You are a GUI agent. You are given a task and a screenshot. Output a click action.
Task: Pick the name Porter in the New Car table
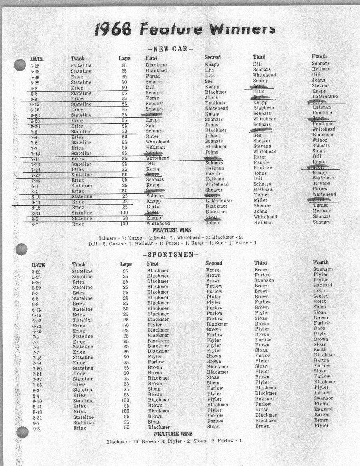(x=153, y=76)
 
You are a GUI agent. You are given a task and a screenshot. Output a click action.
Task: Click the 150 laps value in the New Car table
(x=124, y=191)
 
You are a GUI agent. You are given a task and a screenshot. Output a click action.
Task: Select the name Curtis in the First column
(x=153, y=207)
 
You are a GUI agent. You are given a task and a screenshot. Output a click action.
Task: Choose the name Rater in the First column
(x=152, y=136)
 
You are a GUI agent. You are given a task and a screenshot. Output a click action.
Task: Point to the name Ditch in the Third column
(x=259, y=92)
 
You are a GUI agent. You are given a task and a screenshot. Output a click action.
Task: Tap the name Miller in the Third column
(x=260, y=200)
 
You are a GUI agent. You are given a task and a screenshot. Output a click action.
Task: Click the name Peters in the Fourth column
(x=320, y=189)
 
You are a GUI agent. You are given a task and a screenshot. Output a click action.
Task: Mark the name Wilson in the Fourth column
(x=320, y=140)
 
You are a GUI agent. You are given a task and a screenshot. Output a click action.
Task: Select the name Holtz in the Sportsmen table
(x=320, y=302)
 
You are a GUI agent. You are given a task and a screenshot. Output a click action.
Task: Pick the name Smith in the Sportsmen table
(x=320, y=350)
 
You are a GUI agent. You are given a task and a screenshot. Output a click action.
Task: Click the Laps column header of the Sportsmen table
(x=126, y=264)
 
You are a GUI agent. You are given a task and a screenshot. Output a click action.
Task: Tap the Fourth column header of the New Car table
(x=319, y=56)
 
